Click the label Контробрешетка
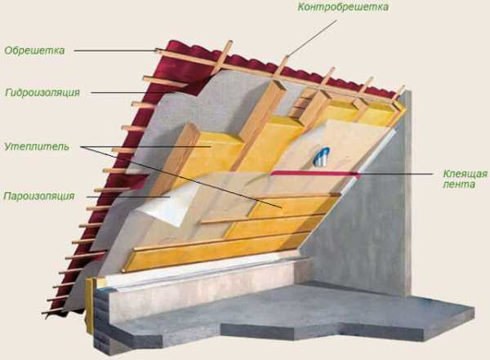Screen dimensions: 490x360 (343, 7)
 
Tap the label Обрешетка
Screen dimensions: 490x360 (34, 51)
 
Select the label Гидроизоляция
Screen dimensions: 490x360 (42, 92)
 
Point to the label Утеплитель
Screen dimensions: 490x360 (37, 146)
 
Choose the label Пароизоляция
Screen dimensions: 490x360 (39, 196)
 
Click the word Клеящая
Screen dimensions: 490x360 (465, 174)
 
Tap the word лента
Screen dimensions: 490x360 (459, 184)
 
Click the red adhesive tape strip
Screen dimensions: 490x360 (315, 173)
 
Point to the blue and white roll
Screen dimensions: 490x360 (322, 156)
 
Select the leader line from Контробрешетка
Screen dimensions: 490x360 (312, 38)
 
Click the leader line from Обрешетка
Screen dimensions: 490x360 (116, 51)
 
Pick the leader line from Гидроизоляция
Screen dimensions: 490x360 (133, 92)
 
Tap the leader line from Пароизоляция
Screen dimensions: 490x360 (128, 197)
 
